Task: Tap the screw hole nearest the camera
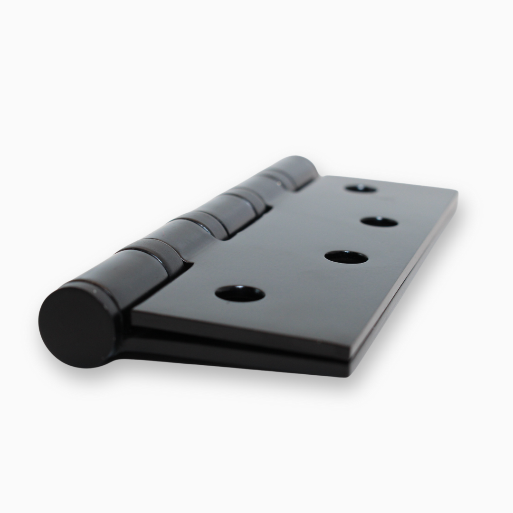point(239,294)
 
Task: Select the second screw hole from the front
point(346,257)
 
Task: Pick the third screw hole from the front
point(379,221)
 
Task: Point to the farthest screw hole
point(361,189)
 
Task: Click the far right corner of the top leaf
point(455,192)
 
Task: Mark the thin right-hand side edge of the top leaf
point(408,275)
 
